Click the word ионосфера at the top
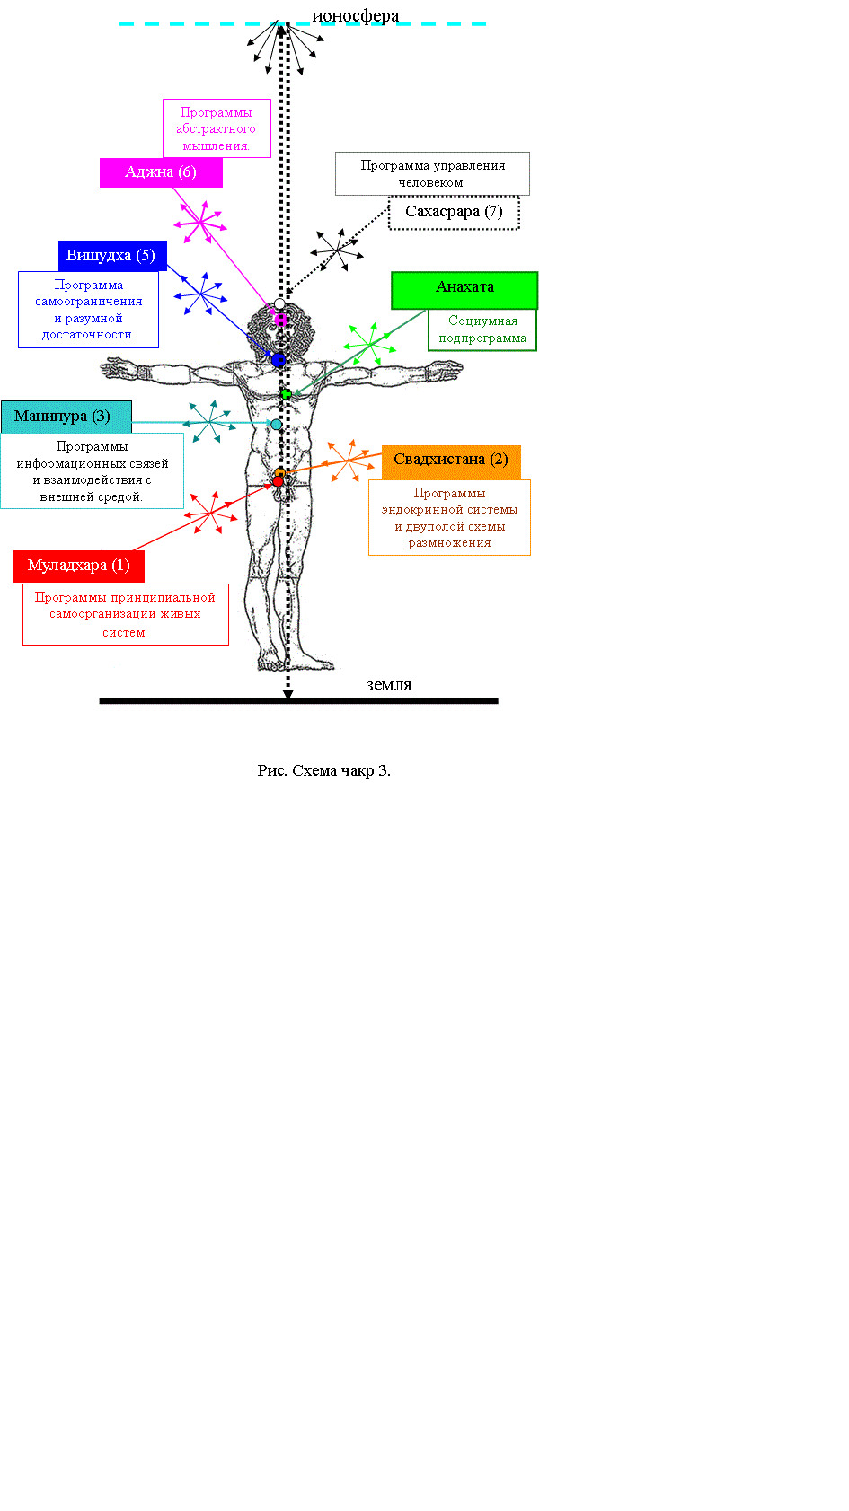355,15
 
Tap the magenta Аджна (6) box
162,172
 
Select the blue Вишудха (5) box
112,256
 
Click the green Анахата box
465,290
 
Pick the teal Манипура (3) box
66,417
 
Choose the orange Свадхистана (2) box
451,461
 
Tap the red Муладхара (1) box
79,566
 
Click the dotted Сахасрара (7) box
455,213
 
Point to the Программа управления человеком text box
433,174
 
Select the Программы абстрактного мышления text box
217,128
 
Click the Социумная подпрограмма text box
482,329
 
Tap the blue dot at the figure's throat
279,360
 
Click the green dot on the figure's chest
287,394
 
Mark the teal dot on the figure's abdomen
276,425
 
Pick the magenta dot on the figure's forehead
280,319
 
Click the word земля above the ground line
389,685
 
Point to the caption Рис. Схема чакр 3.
324,770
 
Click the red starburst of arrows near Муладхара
211,514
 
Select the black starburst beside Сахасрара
337,250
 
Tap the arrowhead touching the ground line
288,694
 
